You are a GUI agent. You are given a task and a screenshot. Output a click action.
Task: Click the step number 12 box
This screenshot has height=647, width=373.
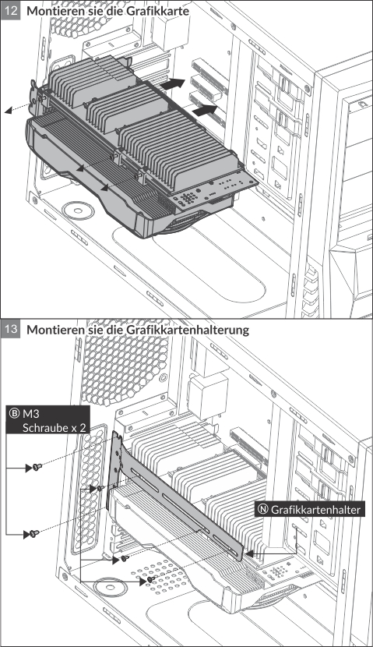(x=10, y=10)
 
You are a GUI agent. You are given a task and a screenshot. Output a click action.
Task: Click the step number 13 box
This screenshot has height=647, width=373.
(x=10, y=329)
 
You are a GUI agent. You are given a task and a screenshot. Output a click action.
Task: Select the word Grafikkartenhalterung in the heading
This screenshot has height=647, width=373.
(x=187, y=330)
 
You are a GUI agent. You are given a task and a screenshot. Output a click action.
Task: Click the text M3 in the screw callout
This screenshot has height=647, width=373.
(x=32, y=413)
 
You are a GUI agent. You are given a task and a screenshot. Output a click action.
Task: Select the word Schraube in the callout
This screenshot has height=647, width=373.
(x=44, y=427)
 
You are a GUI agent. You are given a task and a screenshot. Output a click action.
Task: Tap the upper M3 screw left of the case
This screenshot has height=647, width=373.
(x=37, y=467)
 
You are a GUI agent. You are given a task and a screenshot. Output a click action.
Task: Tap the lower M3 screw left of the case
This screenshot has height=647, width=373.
(x=34, y=533)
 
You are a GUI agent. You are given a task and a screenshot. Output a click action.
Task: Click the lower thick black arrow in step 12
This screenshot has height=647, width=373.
(x=205, y=110)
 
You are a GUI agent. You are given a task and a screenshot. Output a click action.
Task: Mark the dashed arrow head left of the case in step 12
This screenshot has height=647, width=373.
(x=9, y=111)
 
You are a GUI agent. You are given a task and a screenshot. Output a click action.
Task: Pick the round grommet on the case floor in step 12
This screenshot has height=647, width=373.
(x=78, y=210)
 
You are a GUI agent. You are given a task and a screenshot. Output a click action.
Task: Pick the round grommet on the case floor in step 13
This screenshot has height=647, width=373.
(x=109, y=588)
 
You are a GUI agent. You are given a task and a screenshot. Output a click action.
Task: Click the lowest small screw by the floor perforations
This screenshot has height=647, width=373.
(x=151, y=580)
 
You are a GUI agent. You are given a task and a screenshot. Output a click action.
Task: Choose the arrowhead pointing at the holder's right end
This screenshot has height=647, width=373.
(x=249, y=553)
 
